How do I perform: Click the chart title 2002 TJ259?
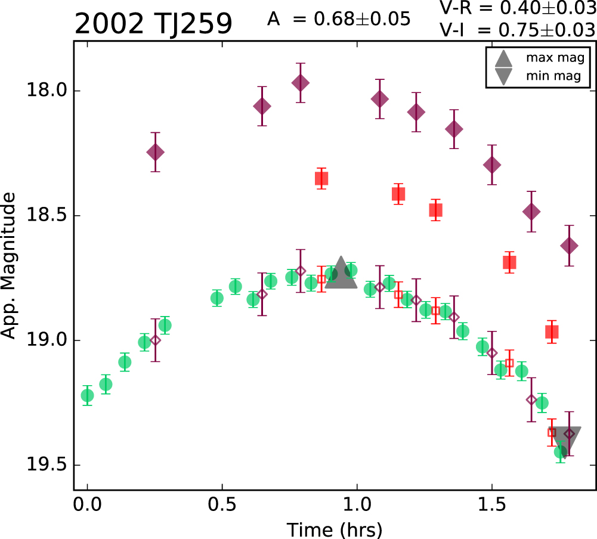(153, 24)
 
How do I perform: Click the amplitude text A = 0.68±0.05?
(339, 18)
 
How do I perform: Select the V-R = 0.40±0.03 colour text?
(518, 8)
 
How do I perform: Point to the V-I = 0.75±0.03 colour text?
(518, 30)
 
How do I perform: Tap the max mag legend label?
(555, 58)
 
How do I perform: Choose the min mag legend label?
(553, 76)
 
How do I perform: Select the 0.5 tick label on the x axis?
(222, 505)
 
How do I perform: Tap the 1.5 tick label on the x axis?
(491, 505)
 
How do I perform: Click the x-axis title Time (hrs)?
(335, 530)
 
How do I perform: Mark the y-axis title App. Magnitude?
(8, 265)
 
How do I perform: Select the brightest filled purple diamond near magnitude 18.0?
(301, 83)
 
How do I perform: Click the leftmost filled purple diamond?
(155, 152)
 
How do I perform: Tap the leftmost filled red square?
(321, 178)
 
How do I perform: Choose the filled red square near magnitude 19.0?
(552, 332)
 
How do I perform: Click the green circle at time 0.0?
(87, 395)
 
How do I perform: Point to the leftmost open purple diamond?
(155, 340)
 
